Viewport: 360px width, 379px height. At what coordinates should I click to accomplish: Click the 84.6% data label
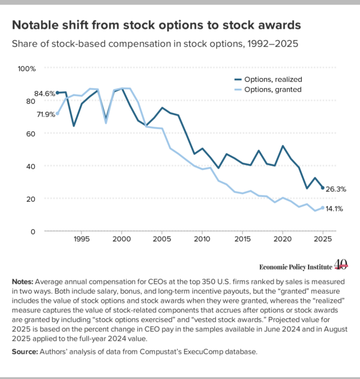pyautogui.click(x=44, y=94)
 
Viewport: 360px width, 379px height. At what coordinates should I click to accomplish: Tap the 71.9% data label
pyautogui.click(x=46, y=114)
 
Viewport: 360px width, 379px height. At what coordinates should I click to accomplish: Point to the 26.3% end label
pyautogui.click(x=336, y=189)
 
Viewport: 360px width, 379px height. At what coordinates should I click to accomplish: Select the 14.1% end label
pyautogui.click(x=334, y=208)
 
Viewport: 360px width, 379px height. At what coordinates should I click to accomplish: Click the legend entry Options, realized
pyautogui.click(x=268, y=79)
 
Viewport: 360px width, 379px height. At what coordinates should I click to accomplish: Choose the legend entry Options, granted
pyautogui.click(x=268, y=89)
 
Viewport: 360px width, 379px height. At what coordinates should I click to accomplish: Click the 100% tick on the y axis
pyautogui.click(x=26, y=68)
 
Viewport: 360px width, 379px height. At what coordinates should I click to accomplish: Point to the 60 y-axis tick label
pyautogui.click(x=31, y=134)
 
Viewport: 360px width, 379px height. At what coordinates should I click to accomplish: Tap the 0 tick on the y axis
pyautogui.click(x=33, y=232)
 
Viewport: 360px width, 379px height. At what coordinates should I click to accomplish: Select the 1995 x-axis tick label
pyautogui.click(x=82, y=239)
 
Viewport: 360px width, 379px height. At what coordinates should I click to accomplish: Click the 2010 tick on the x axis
pyautogui.click(x=202, y=239)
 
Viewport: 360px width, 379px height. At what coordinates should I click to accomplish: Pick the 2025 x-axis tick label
pyautogui.click(x=323, y=239)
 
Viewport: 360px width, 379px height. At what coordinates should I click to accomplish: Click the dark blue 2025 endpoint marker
pyautogui.click(x=323, y=188)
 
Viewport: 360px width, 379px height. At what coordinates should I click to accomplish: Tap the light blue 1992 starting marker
pyautogui.click(x=58, y=114)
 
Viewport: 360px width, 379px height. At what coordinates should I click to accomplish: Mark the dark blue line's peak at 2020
pyautogui.click(x=283, y=146)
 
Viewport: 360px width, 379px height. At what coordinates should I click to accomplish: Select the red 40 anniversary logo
pyautogui.click(x=341, y=264)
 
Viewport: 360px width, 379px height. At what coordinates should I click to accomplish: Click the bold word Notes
pyautogui.click(x=23, y=282)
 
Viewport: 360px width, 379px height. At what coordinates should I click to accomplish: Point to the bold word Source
pyautogui.click(x=25, y=351)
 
